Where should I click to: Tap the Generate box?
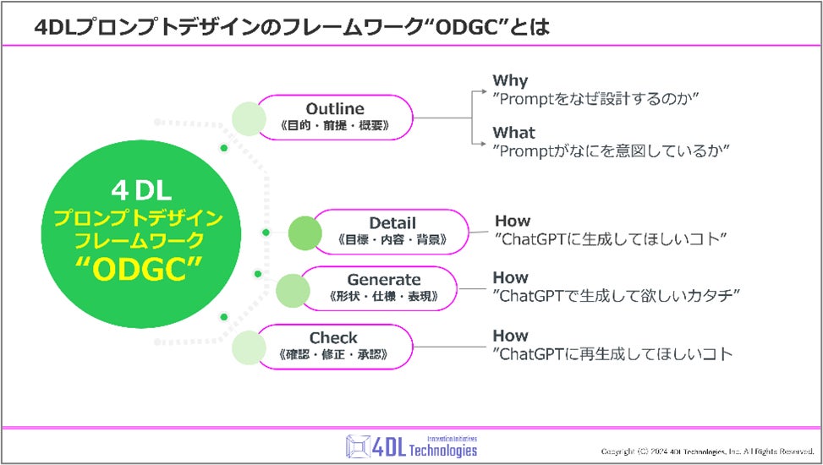(383, 287)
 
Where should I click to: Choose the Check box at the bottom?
(333, 347)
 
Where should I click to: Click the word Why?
(510, 81)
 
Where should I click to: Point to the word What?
(514, 133)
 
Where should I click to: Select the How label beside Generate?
(511, 277)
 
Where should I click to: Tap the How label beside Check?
(511, 336)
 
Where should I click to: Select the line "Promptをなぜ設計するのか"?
(595, 100)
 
